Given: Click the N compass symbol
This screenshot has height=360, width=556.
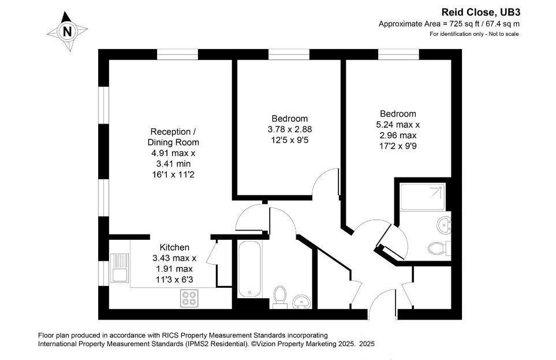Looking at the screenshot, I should (x=68, y=31).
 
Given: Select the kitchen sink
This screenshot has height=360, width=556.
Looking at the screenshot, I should (x=120, y=267).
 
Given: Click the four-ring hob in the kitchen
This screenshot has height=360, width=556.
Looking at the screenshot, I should (x=189, y=298).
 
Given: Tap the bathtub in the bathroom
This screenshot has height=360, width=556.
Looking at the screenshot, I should (x=246, y=272).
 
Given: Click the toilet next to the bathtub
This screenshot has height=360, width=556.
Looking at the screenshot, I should (x=279, y=295).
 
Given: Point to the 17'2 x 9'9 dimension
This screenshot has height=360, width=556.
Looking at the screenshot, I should (x=398, y=145).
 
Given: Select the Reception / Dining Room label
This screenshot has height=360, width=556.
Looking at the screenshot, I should (x=174, y=136).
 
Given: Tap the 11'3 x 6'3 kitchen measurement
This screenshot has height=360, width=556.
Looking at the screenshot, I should (x=174, y=279).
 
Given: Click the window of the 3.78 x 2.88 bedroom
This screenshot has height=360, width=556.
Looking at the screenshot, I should (x=289, y=54).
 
